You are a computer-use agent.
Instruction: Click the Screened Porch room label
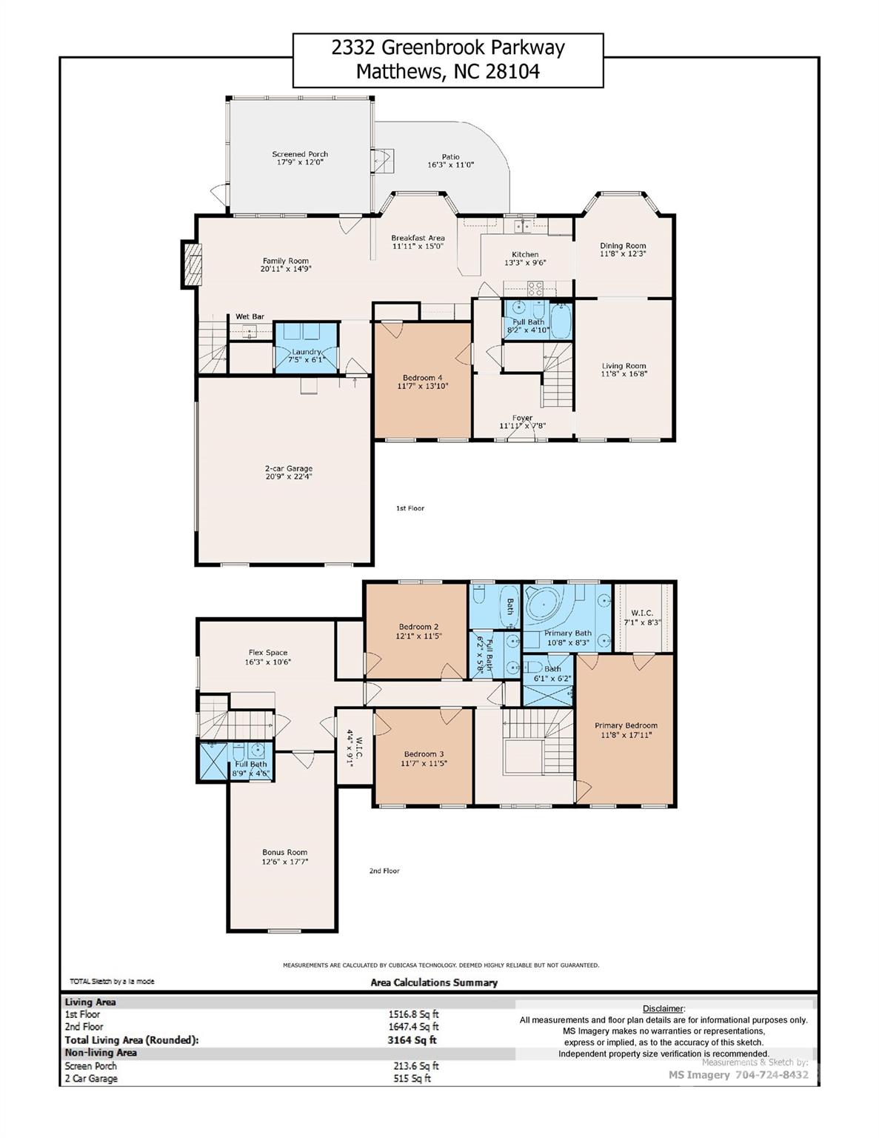click(x=300, y=154)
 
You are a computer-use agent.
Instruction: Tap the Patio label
click(x=450, y=157)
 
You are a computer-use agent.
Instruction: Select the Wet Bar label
click(x=250, y=316)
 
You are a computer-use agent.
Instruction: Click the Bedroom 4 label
click(x=422, y=377)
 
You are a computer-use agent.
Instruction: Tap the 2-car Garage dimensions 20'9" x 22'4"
click(x=289, y=477)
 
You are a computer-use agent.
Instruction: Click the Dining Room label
click(x=623, y=245)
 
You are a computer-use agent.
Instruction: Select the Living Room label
click(x=624, y=365)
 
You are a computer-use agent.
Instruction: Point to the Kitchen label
click(x=525, y=254)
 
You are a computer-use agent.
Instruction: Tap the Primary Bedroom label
click(x=626, y=725)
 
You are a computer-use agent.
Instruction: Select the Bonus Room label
click(x=284, y=852)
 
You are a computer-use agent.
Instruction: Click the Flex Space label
click(x=267, y=653)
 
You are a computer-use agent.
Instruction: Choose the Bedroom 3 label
click(x=424, y=753)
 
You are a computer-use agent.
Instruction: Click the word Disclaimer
click(x=663, y=1008)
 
